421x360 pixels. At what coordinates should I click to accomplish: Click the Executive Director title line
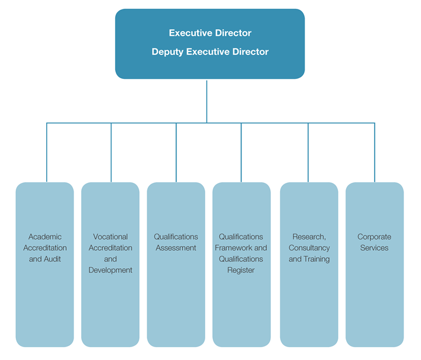click(210, 33)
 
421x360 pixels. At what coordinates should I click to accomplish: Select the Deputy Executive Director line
click(210, 51)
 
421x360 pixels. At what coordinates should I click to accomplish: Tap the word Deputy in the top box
click(167, 51)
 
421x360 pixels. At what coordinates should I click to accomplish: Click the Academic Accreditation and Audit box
click(44, 292)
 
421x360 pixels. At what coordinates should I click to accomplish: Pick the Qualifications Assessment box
click(176, 292)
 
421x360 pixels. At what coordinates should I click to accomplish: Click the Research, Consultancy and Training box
click(309, 292)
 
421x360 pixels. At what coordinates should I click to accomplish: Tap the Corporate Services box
click(374, 292)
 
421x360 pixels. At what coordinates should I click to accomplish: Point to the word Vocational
click(111, 237)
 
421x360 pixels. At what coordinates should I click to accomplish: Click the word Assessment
click(176, 248)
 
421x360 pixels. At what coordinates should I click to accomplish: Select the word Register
click(241, 270)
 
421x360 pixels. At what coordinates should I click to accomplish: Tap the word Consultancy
click(309, 248)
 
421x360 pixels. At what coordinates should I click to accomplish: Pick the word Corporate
click(374, 237)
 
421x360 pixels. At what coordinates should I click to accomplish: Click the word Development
click(111, 270)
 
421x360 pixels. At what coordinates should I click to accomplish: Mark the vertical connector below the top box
click(206, 101)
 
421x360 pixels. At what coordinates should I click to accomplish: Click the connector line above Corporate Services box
click(374, 152)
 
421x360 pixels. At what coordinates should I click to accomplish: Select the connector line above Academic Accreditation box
click(46, 152)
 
